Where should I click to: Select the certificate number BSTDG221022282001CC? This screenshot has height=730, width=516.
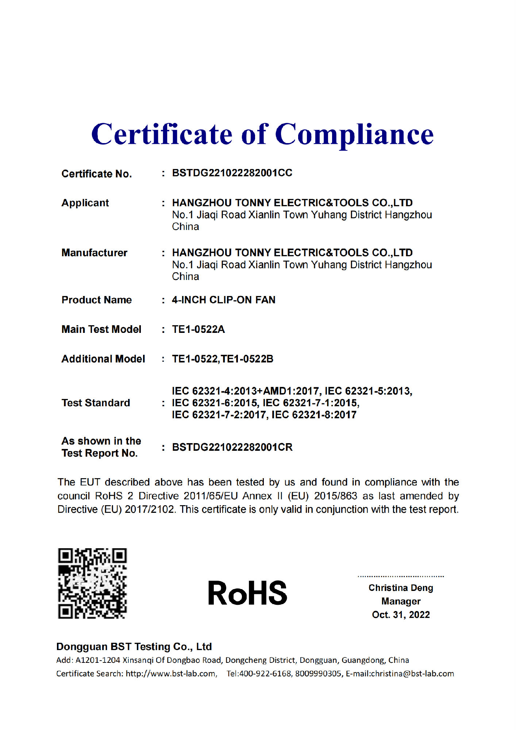[x=232, y=173]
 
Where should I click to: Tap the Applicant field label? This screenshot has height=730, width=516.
[x=85, y=203]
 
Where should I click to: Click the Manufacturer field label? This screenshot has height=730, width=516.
[x=94, y=253]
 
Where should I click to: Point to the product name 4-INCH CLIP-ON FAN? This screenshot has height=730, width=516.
[x=223, y=300]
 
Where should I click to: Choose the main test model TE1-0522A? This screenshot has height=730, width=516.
[x=198, y=329]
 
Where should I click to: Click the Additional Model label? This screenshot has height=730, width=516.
[x=103, y=359]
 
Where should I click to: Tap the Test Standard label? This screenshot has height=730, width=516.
[x=96, y=403]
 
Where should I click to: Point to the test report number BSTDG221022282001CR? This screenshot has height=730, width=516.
[x=232, y=447]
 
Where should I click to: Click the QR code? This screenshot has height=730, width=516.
[x=92, y=583]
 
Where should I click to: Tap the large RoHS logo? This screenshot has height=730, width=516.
[x=247, y=593]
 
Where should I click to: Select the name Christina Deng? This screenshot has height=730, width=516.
[x=401, y=588]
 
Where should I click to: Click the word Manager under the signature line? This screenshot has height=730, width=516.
[x=401, y=601]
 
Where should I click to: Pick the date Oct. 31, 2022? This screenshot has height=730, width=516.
[x=401, y=615]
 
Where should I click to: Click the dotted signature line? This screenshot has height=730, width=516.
[x=401, y=576]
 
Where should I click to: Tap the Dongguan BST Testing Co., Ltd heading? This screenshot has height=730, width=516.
[x=134, y=646]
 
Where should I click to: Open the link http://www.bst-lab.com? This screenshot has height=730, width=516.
[x=171, y=673]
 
